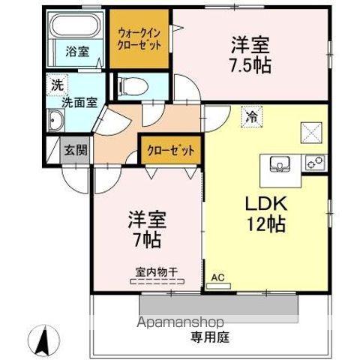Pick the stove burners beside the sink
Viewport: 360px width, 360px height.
(314, 160)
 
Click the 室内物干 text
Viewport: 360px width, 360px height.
(155, 271)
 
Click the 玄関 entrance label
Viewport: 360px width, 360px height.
(75, 149)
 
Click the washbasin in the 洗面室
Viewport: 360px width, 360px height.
(57, 120)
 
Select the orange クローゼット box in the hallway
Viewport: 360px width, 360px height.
(170, 150)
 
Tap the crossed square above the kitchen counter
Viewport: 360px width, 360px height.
(311, 132)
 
